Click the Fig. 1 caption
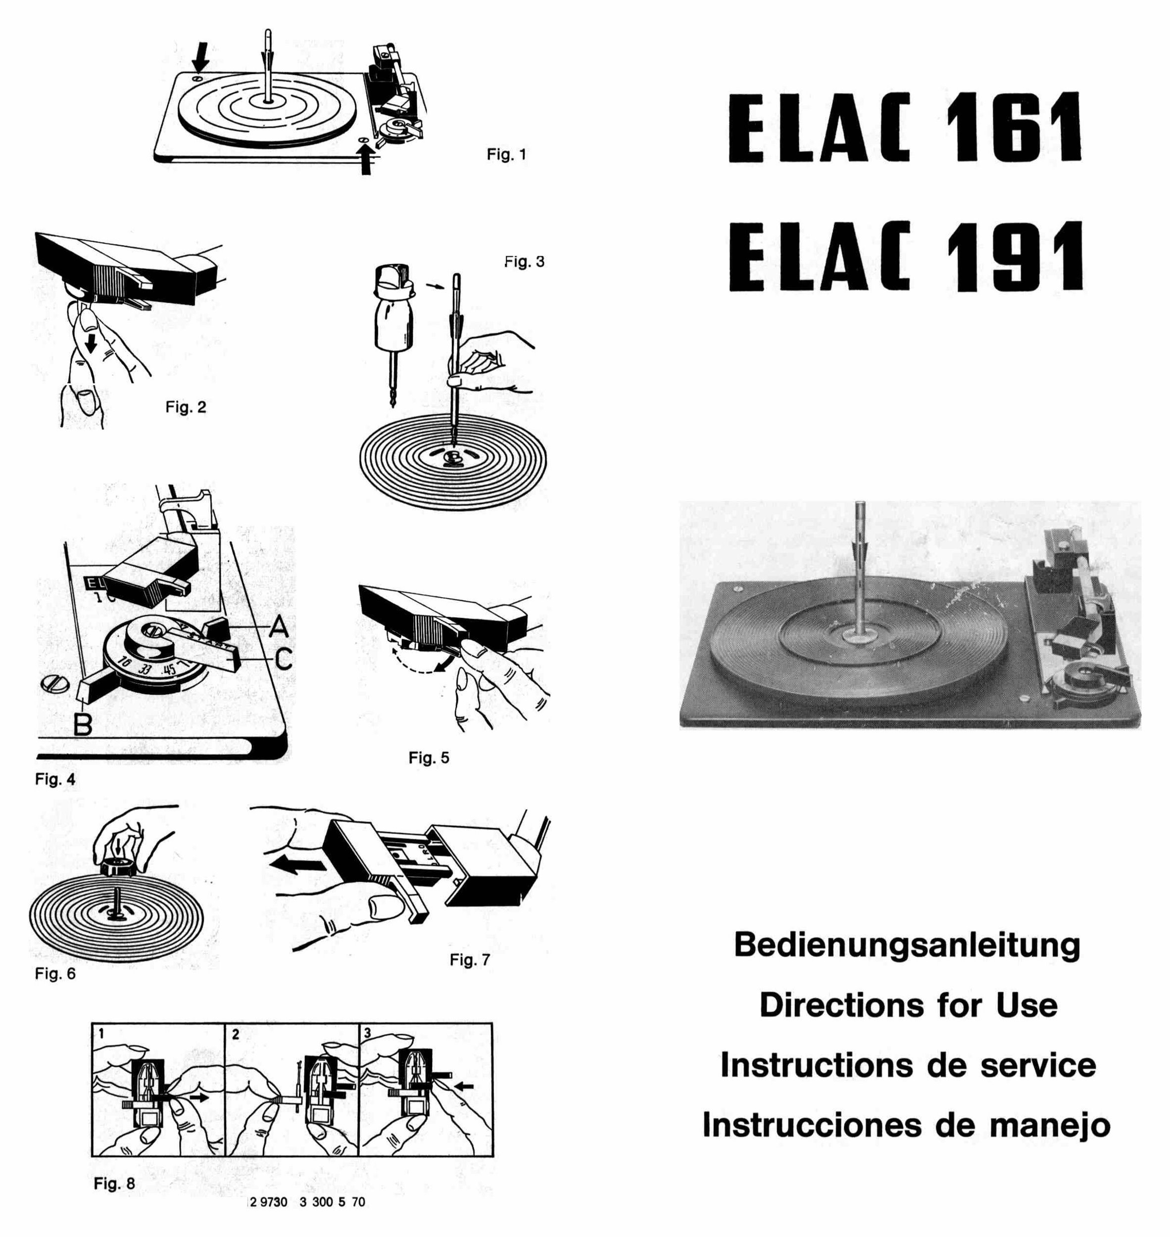point(506,154)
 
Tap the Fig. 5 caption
point(429,758)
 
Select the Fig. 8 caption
point(114,1183)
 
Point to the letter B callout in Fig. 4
point(83,724)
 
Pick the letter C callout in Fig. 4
point(283,659)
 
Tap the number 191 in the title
point(1015,256)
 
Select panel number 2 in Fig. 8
point(236,1034)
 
